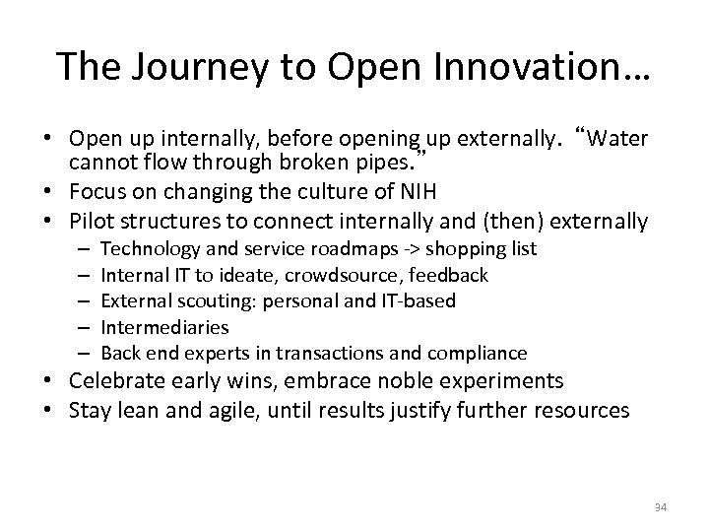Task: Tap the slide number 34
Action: tap(659, 506)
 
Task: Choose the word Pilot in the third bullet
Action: tap(96, 222)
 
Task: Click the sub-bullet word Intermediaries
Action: tap(165, 327)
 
